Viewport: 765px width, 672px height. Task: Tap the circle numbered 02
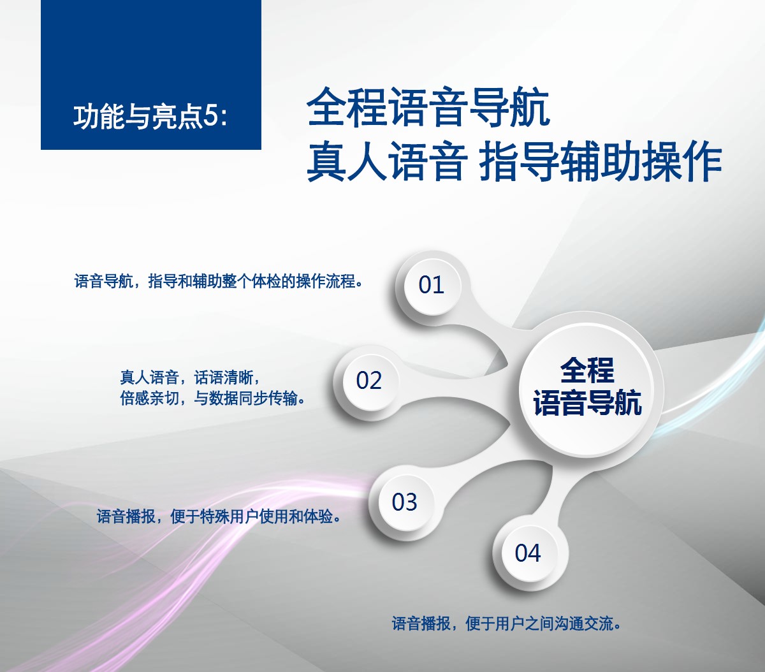click(x=370, y=381)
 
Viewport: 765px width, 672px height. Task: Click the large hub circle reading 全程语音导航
click(x=588, y=385)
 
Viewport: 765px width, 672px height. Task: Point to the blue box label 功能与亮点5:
click(x=150, y=117)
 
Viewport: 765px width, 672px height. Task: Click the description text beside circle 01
click(x=218, y=281)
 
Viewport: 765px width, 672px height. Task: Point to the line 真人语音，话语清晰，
click(x=189, y=377)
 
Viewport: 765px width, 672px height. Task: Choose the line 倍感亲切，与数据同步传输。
click(x=212, y=398)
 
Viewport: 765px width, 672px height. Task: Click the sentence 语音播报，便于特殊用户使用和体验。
click(x=219, y=516)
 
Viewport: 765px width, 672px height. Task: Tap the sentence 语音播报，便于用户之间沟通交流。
click(x=506, y=623)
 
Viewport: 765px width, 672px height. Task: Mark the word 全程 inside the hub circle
click(x=588, y=370)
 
